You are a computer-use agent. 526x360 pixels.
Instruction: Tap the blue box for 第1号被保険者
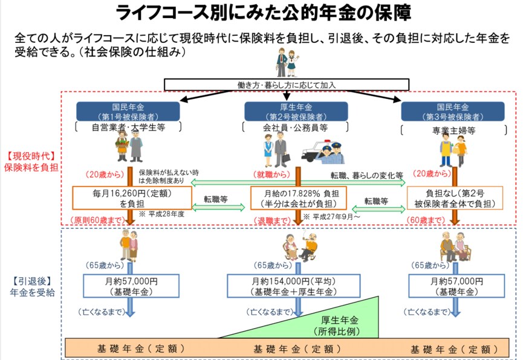tap(128, 111)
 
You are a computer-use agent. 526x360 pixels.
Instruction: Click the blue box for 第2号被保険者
tap(296, 111)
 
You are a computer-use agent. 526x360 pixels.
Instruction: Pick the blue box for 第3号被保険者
tap(453, 111)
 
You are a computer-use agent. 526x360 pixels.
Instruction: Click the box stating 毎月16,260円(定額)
tap(131, 198)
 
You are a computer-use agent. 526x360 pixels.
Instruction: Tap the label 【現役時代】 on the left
tap(30, 156)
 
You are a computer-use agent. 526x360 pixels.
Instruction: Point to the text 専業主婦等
tap(453, 130)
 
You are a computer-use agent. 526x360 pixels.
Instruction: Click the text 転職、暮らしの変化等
tap(366, 175)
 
